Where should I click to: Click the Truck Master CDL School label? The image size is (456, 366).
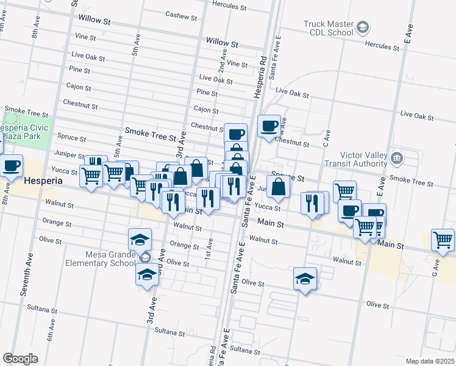click(x=328, y=28)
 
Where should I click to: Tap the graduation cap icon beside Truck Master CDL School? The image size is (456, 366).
click(x=363, y=27)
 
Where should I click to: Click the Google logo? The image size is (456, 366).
click(x=20, y=359)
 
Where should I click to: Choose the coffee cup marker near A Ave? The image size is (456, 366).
click(x=269, y=126)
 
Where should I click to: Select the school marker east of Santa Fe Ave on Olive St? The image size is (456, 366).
click(x=305, y=279)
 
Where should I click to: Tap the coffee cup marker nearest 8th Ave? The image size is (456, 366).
click(x=11, y=165)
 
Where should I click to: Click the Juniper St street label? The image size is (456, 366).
click(x=69, y=155)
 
